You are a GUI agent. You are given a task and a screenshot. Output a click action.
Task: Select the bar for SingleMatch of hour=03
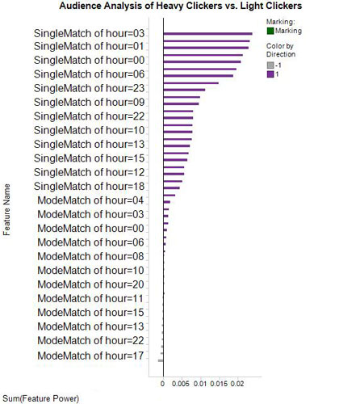[x=207, y=34]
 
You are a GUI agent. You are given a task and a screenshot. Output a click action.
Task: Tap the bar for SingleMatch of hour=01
[x=206, y=48]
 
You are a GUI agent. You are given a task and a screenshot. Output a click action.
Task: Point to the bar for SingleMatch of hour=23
[x=190, y=83]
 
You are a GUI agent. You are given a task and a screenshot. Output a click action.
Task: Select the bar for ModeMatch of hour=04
[x=170, y=195]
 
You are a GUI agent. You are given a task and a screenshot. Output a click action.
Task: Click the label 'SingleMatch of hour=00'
[x=90, y=61]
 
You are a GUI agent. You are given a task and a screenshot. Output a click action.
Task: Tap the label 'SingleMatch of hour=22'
[x=90, y=116]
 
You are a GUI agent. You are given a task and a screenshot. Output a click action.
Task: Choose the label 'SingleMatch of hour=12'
[x=90, y=173]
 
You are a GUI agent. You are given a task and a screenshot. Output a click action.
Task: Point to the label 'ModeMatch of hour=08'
[x=91, y=256]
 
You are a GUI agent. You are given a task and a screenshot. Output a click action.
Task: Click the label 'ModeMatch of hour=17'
[x=91, y=356]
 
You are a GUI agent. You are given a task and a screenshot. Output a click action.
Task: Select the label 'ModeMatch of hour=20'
[x=91, y=284]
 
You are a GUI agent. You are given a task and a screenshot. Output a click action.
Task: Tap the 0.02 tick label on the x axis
[x=237, y=385]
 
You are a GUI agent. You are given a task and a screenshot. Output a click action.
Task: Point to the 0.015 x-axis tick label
[x=219, y=385]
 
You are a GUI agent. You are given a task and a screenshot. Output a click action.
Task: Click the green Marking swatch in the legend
[x=270, y=30]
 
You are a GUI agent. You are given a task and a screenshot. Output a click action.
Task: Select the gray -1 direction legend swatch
[x=270, y=65]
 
